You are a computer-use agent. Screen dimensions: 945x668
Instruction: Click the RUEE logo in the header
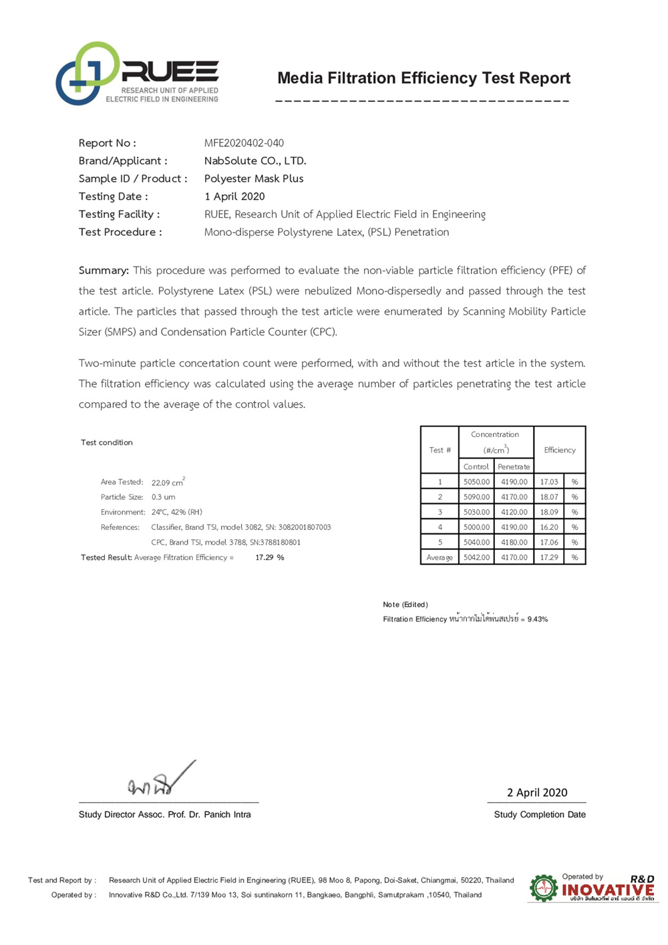[137, 74]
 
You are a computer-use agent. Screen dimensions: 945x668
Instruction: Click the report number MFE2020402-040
[244, 143]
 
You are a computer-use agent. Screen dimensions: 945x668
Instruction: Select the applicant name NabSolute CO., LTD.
[255, 161]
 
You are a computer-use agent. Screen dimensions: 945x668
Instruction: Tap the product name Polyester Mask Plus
[254, 179]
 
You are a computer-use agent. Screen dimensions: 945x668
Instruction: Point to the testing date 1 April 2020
[234, 196]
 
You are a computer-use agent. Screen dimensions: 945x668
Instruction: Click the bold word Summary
[104, 271]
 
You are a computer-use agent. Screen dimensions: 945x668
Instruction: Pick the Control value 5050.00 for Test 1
[476, 482]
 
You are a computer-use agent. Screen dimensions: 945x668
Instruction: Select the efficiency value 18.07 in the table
[549, 497]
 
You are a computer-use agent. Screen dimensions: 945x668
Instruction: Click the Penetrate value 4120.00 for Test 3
[514, 513]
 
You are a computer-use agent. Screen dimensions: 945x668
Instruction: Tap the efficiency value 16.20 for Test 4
[549, 527]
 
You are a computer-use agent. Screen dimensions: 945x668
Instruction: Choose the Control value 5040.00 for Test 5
[476, 543]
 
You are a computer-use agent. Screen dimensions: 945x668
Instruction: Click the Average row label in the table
[440, 557]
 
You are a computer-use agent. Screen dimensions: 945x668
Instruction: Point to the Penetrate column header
[514, 467]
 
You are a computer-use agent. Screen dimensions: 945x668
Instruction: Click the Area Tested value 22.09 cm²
[168, 483]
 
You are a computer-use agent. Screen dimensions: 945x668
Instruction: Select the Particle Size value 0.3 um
[163, 497]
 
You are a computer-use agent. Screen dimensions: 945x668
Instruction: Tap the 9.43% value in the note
[537, 620]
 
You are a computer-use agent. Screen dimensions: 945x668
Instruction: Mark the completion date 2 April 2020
[537, 793]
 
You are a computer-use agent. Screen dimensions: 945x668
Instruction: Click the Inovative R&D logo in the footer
[592, 888]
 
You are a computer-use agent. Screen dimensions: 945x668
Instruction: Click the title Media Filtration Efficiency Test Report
[424, 78]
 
